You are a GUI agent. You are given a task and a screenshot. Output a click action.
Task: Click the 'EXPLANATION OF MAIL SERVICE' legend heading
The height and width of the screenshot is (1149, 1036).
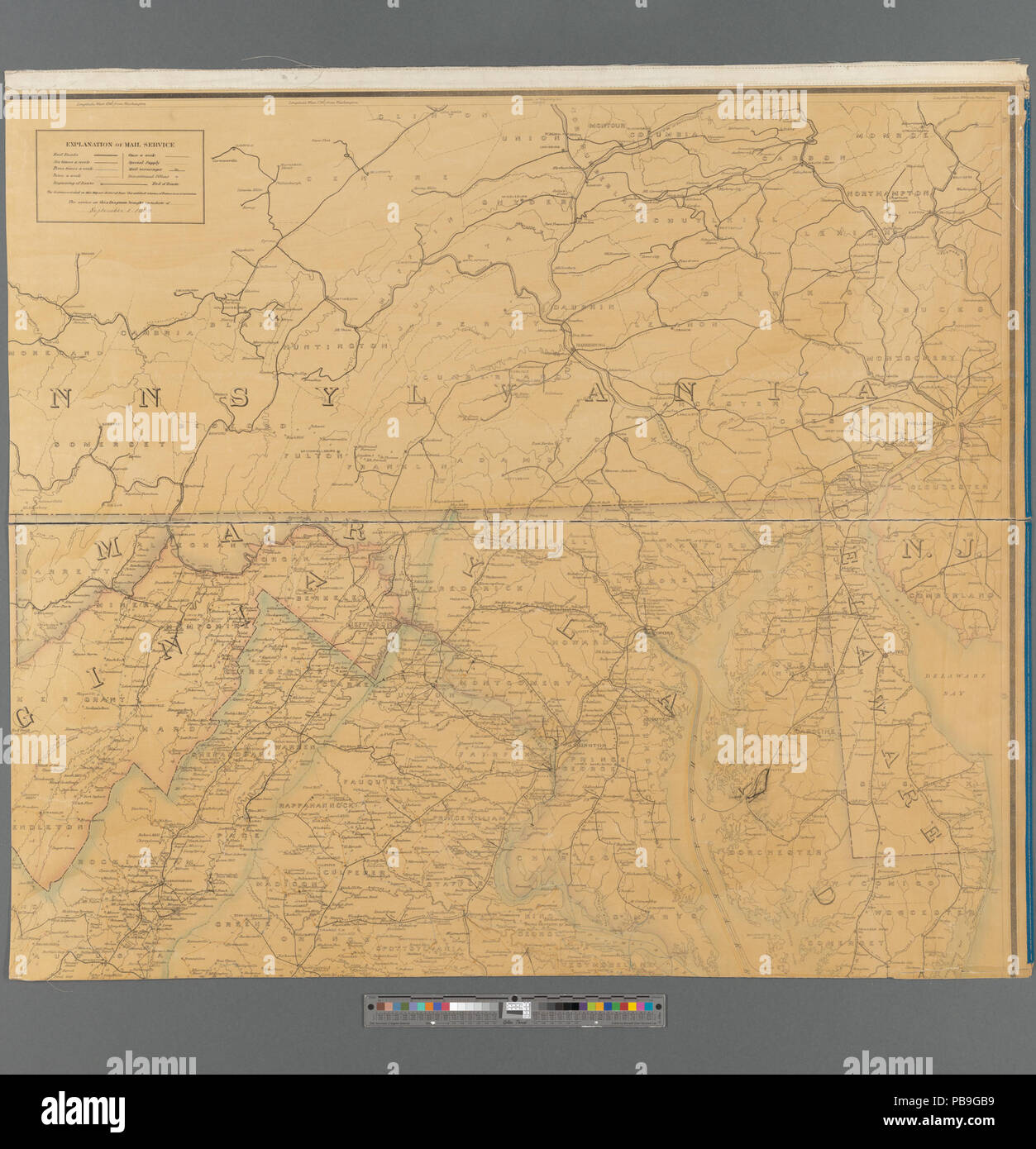coord(120,144)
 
